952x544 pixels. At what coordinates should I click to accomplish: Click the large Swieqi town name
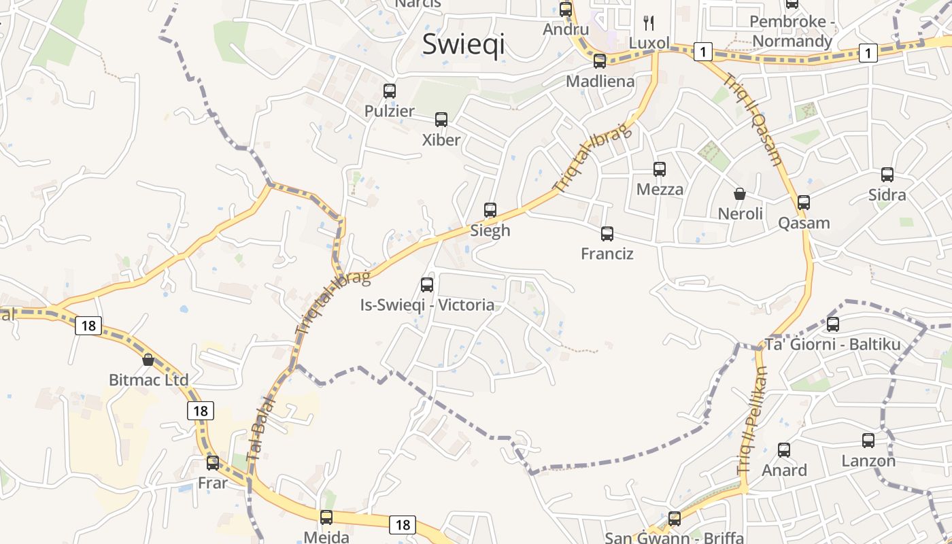(463, 44)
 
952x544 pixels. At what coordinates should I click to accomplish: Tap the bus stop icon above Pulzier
(390, 90)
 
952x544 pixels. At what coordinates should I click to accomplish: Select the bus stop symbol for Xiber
(441, 120)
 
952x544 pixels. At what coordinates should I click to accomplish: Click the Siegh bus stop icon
(490, 210)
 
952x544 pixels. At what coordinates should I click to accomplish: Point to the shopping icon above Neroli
(740, 194)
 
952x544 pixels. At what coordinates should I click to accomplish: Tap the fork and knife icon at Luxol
(649, 23)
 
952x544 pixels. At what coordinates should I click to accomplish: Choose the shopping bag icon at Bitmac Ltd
(148, 359)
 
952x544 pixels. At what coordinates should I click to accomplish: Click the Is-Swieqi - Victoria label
(427, 305)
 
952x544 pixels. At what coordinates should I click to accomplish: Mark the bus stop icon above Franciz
(607, 234)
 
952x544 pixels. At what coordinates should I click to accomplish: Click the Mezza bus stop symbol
(660, 169)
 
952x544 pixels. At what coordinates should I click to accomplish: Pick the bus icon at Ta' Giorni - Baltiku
(833, 324)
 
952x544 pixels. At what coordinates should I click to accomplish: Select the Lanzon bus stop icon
(868, 440)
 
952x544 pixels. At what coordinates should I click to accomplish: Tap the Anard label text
(784, 470)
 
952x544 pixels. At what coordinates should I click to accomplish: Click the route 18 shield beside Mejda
(403, 524)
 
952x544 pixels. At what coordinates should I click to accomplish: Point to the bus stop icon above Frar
(213, 463)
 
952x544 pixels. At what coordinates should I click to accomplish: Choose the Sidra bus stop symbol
(887, 175)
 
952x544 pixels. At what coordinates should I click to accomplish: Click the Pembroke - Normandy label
(792, 31)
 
